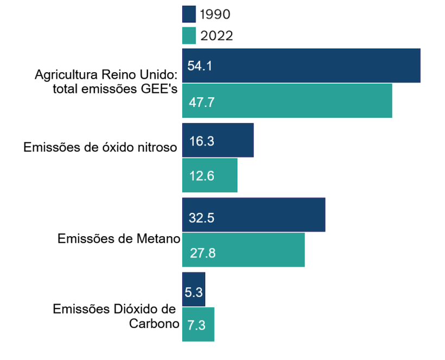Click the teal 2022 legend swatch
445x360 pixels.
(189, 36)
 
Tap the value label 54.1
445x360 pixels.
(199, 66)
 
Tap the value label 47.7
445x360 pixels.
(201, 102)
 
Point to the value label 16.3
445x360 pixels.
(201, 141)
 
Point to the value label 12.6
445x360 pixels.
(202, 176)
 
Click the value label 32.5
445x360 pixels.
(202, 218)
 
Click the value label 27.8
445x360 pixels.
(202, 253)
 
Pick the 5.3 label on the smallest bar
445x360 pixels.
(194, 292)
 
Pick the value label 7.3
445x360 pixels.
(195, 326)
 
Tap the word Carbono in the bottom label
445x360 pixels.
(154, 324)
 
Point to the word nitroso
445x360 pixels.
(157, 148)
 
